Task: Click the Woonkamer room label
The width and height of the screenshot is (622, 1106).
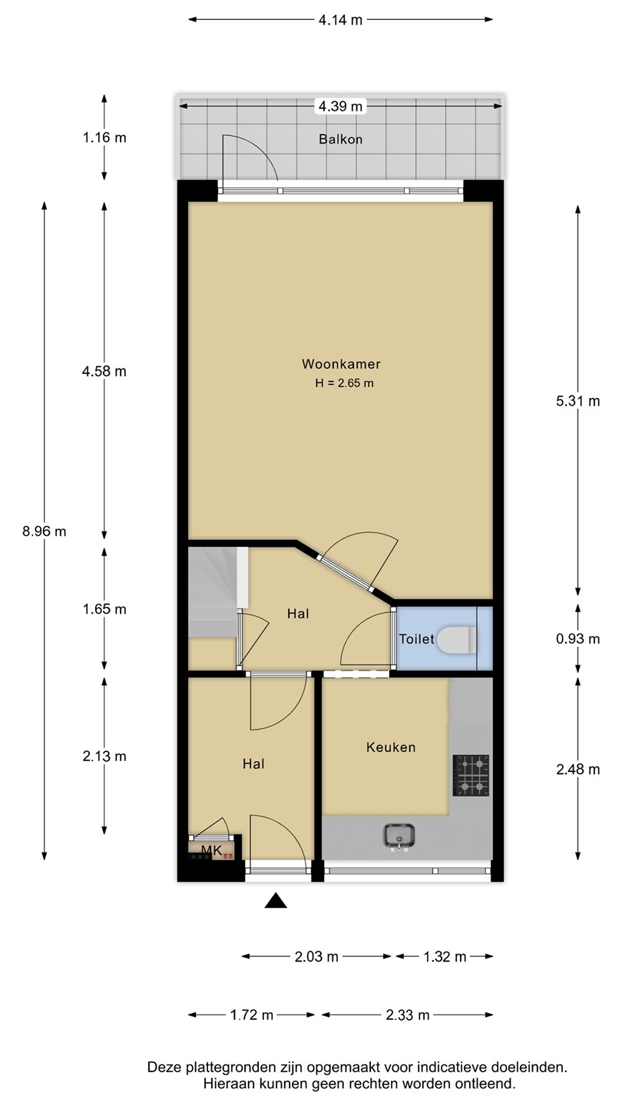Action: (341, 364)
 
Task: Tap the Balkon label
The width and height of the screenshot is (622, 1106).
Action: (341, 139)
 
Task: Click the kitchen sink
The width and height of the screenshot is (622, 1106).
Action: (399, 836)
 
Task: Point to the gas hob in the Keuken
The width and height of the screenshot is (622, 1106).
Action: (471, 775)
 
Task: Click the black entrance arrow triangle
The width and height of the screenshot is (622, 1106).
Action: (276, 901)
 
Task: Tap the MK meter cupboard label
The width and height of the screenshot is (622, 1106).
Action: (211, 850)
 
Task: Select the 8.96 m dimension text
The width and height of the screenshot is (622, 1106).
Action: (45, 531)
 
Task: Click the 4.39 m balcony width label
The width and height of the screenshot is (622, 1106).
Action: (341, 106)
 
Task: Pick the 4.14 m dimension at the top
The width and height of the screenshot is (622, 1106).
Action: (341, 20)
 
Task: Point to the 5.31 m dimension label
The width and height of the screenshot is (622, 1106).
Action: (578, 401)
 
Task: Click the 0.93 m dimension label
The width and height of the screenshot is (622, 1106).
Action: (578, 639)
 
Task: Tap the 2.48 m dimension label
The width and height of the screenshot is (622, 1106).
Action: (578, 770)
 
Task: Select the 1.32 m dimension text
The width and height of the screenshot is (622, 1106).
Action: (445, 957)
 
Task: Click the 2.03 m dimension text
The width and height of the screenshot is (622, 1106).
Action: (316, 957)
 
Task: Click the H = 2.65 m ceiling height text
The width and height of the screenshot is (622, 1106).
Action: (345, 383)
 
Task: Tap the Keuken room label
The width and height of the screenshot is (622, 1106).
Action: (391, 747)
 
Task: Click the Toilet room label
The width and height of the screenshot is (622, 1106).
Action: (417, 639)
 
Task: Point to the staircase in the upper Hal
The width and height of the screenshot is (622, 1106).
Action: (218, 592)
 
